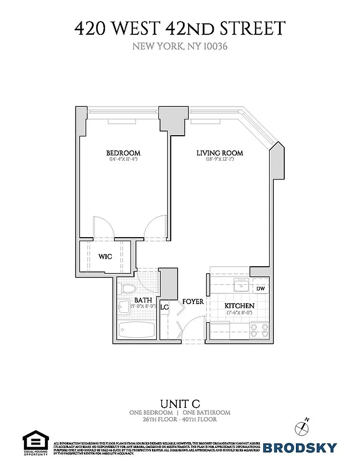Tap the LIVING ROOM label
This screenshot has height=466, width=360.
[219, 153]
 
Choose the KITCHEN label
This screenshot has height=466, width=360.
[240, 306]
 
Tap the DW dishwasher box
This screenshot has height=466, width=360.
[260, 288]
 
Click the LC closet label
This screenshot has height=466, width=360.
[164, 307]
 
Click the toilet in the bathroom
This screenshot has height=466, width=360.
[128, 288]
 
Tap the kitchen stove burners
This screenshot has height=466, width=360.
[260, 330]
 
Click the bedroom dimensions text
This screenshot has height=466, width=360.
[122, 160]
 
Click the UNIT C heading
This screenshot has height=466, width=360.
[179, 404]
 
